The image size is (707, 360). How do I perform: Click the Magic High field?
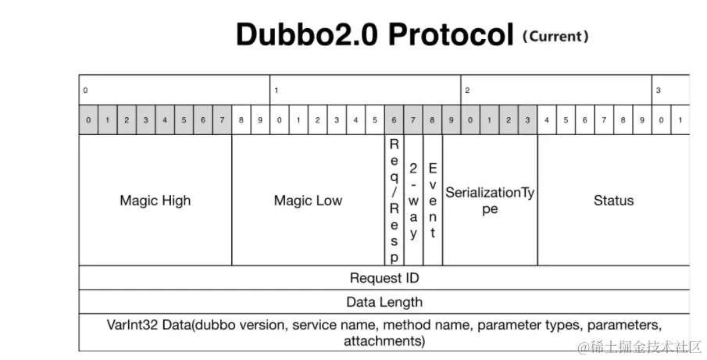coord(155,201)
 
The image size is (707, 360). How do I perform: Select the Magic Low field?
coord(308,201)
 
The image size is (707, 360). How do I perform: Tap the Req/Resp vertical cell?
coord(394,201)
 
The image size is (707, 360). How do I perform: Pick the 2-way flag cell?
coord(413,201)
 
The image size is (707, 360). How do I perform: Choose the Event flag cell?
coord(433,201)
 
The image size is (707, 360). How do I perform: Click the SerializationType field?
coord(490,201)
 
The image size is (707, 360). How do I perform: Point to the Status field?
coord(613,201)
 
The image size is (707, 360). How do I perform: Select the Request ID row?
coord(384,278)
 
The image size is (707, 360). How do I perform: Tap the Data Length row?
coord(384,301)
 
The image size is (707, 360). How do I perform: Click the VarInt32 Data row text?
coord(384,332)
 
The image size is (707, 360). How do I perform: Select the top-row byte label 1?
coord(277,91)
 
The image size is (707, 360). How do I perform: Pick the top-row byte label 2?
coord(467,91)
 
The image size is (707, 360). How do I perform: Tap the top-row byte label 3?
coord(659,91)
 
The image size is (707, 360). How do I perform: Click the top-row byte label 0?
coord(86,91)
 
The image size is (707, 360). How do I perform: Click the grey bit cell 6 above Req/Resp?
coord(394,120)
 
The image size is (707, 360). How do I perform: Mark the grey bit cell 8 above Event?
coord(432,120)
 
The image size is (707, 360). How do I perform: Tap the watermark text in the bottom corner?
coord(641,346)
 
